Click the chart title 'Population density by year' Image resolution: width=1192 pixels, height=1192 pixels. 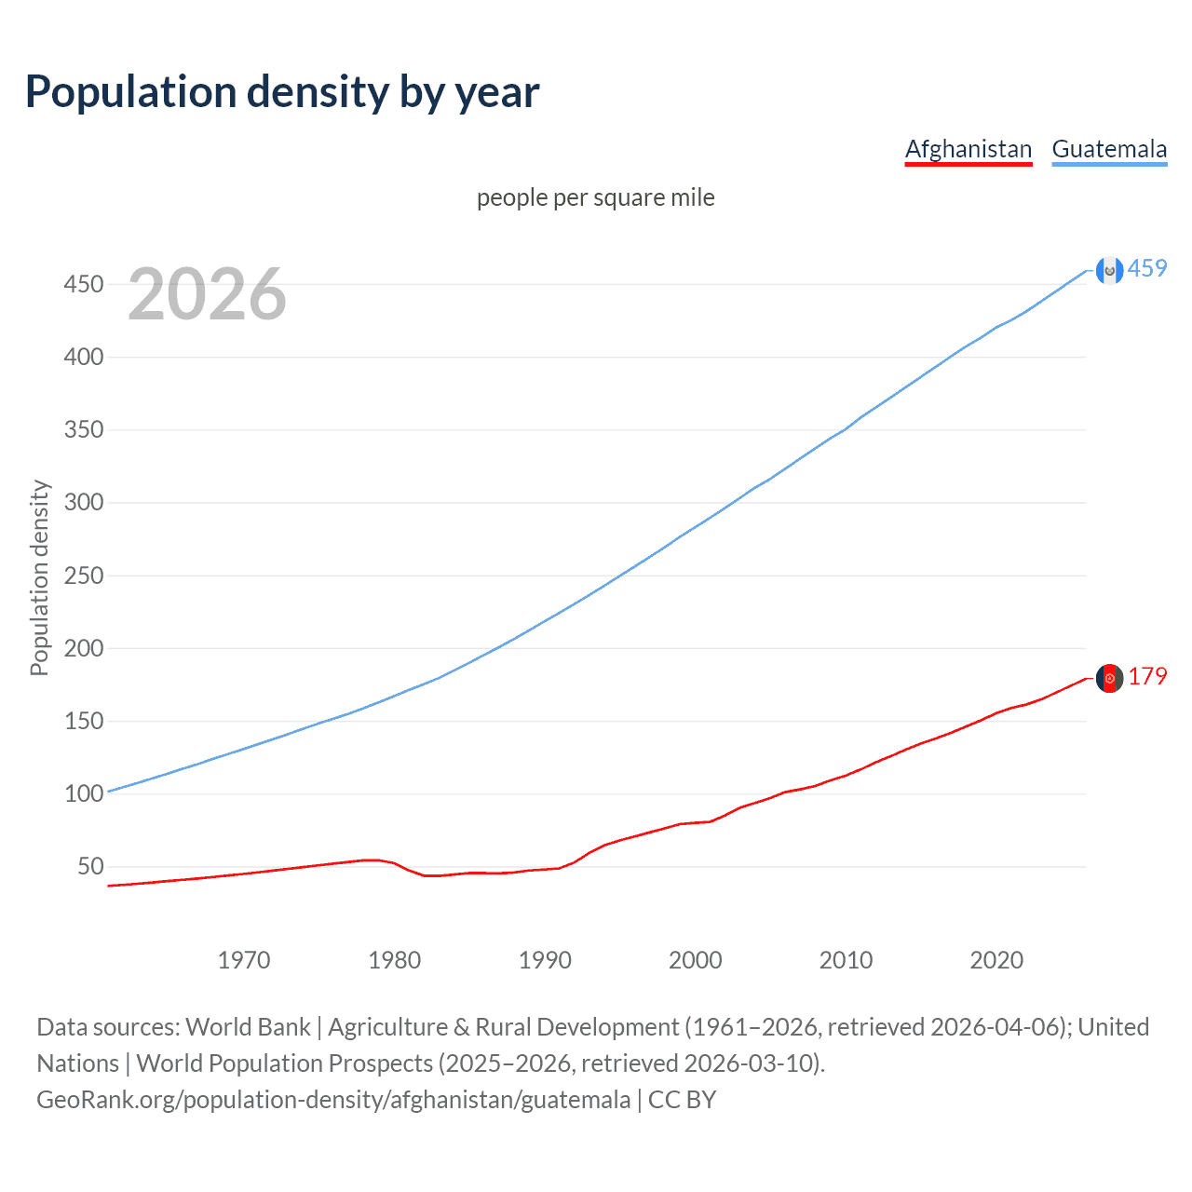coord(282,92)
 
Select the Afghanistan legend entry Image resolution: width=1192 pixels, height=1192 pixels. coord(968,149)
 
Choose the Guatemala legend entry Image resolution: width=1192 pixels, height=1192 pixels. coord(1109,149)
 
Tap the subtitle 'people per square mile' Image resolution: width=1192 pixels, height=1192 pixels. coord(596,197)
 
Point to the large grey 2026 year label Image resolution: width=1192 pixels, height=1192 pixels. coord(207,294)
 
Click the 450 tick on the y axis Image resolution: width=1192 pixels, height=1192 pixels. coord(83,284)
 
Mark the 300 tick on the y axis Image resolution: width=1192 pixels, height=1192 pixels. coord(83,503)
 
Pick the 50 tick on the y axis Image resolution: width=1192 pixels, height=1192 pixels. coord(90,867)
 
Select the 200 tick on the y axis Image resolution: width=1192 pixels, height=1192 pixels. coord(83,648)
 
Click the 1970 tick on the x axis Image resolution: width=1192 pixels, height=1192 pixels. coord(244,960)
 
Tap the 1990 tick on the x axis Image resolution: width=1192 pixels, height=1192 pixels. coord(545,960)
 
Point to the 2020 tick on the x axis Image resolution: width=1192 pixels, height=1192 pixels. coord(996,960)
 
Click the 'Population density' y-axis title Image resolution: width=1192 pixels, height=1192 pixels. coord(39,577)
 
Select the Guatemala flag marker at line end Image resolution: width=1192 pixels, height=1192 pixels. coord(1109,270)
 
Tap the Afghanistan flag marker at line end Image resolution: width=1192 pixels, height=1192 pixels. coord(1109,678)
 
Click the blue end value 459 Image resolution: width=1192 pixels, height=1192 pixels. coord(1147,269)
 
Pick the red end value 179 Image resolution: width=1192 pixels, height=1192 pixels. coord(1147,677)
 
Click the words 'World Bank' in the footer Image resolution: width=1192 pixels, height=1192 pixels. coord(248,1027)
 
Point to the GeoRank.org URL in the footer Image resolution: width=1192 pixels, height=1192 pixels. coord(333,1100)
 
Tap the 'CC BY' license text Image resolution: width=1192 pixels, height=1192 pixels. coord(683,1100)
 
